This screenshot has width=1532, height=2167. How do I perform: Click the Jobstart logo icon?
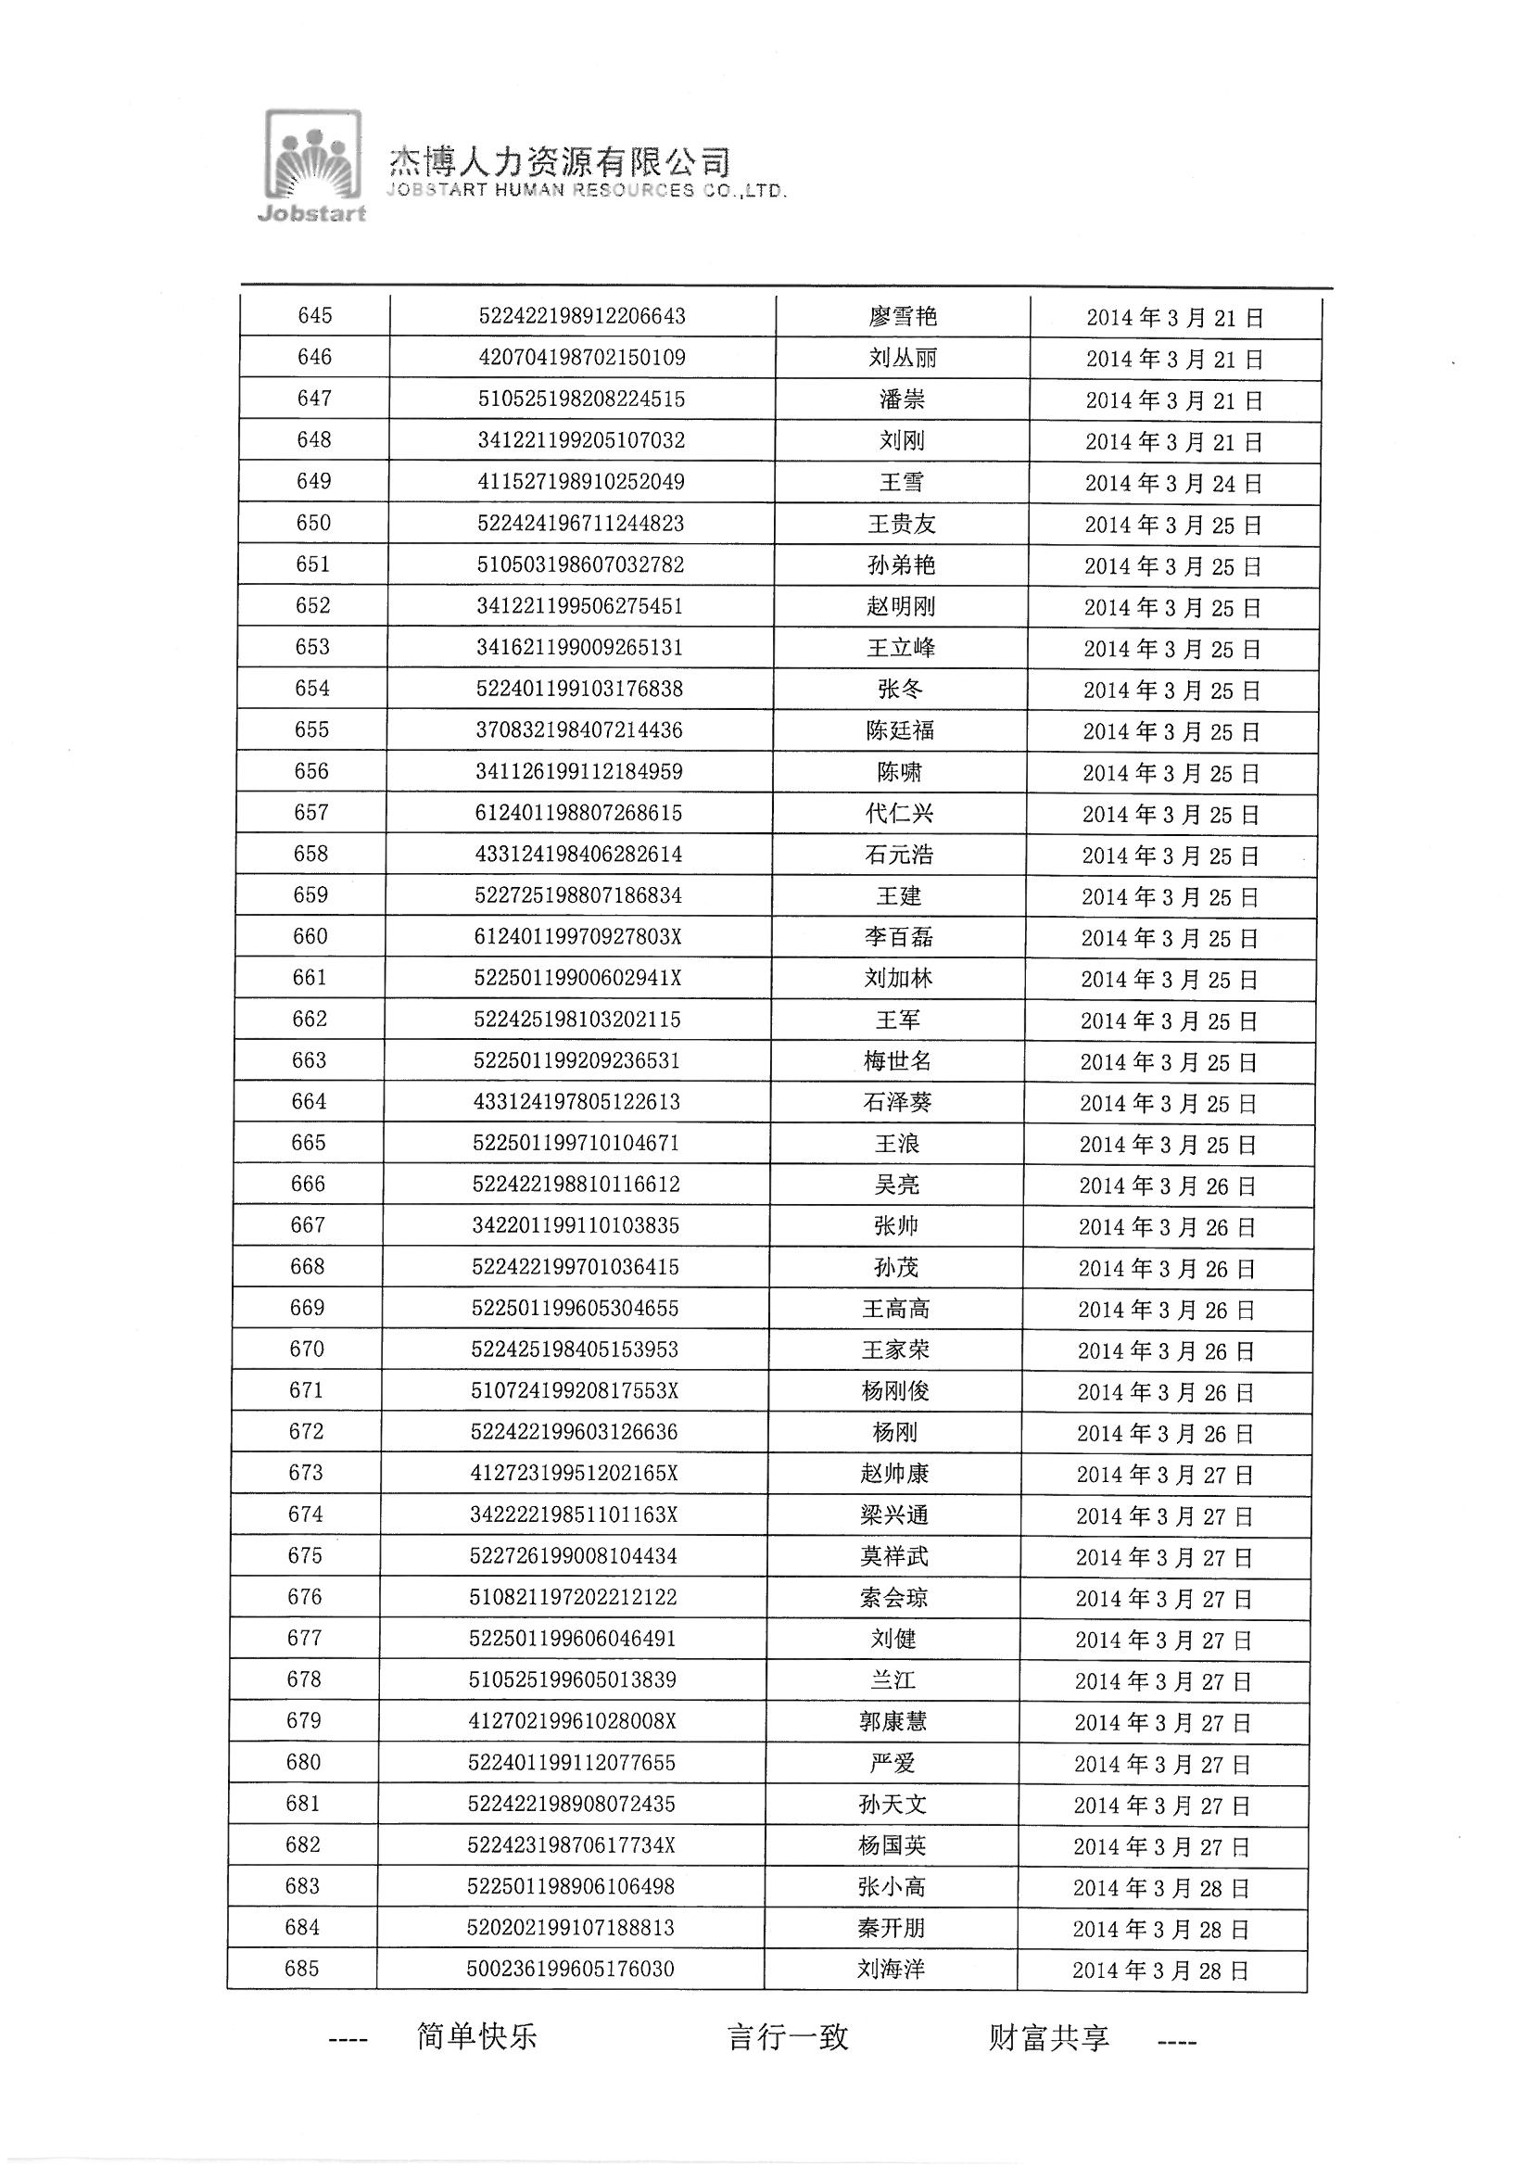tap(313, 165)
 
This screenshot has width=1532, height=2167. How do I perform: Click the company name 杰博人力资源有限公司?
tap(560, 162)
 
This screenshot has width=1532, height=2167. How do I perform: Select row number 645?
tap(314, 316)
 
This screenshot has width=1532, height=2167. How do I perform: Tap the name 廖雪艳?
tap(903, 317)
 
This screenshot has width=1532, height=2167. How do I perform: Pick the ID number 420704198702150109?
tap(581, 358)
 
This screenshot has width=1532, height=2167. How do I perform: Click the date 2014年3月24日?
tap(1172, 484)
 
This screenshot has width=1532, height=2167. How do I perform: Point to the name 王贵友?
tap(902, 524)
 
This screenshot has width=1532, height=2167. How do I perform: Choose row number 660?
tap(310, 936)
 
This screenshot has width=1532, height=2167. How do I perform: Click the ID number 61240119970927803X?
tap(577, 936)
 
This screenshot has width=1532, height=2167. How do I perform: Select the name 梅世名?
tap(897, 1061)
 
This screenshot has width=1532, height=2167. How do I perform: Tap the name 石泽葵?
tap(897, 1102)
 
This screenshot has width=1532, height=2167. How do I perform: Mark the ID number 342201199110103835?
tap(576, 1226)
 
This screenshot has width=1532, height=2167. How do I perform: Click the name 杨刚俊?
tap(895, 1391)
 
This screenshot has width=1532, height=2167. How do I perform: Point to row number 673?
tap(306, 1474)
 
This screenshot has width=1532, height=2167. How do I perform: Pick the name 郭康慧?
tap(893, 1721)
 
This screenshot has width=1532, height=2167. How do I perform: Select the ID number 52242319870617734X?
tap(572, 1845)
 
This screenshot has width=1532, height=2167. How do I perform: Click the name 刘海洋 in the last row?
tap(890, 1969)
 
